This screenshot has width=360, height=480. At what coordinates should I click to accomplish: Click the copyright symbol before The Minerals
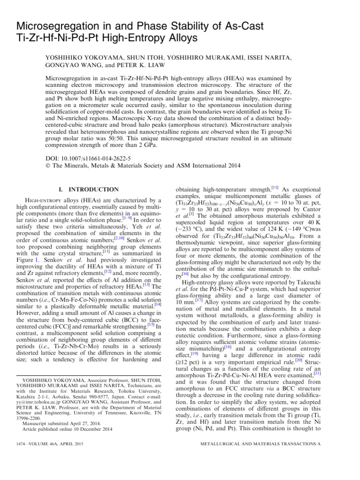(x=49, y=165)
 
